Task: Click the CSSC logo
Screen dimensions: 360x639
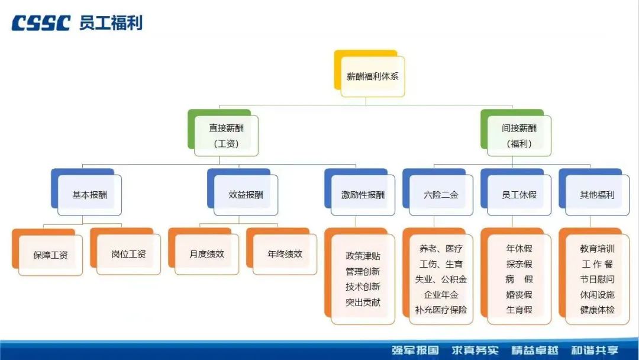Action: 41,23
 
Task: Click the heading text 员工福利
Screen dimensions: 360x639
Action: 111,23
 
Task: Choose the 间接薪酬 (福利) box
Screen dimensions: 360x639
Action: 519,136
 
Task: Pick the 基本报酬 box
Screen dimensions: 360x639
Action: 90,195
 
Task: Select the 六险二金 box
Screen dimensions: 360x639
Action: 441,195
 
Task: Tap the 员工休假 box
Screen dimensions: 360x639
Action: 519,195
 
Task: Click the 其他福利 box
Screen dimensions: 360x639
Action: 597,195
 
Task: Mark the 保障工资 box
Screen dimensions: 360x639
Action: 50,255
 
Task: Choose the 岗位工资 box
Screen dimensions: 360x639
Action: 128,255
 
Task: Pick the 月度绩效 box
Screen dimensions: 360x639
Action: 206,254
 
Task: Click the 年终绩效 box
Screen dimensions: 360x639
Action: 285,254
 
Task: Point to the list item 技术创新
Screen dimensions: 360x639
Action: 363,287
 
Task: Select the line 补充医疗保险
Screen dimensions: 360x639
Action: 441,310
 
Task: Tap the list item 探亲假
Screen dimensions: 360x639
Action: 519,264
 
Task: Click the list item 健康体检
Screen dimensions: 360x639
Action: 597,310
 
